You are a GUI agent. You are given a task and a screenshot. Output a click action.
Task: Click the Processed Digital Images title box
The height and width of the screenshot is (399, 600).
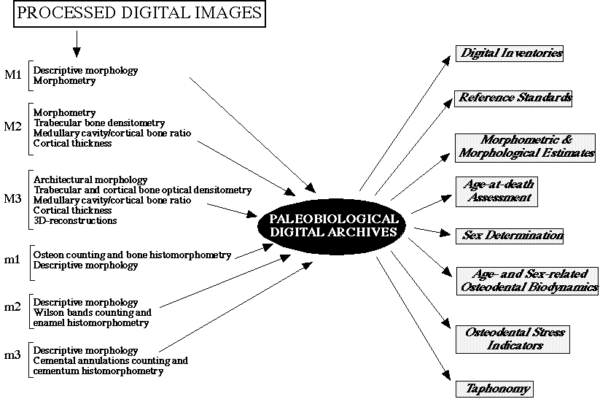[x=140, y=13]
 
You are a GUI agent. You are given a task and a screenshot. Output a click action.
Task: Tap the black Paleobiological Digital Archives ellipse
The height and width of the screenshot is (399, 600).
[x=332, y=225]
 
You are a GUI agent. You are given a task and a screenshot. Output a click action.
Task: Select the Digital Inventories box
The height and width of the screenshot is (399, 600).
[x=510, y=53]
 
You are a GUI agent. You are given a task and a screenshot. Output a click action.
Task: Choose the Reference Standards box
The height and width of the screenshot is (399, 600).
[x=513, y=98]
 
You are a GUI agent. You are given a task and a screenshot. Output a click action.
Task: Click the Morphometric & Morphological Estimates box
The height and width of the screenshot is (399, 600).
[x=525, y=148]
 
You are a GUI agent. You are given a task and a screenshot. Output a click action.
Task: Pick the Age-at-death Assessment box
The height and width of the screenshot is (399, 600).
[x=496, y=192]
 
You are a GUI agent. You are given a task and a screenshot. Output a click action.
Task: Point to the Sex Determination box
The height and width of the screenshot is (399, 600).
[x=510, y=236]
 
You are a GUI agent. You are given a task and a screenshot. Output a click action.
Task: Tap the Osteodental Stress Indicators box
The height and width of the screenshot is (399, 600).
[x=513, y=339]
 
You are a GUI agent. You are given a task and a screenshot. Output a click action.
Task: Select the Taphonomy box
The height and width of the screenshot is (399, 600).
[x=494, y=390]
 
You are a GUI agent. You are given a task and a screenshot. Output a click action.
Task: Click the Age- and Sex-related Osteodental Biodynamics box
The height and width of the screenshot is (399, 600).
[x=527, y=281]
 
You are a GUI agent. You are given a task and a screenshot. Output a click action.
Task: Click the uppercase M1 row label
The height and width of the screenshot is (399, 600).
[x=13, y=74]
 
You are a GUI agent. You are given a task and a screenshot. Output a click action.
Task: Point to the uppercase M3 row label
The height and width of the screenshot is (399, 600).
[x=12, y=198]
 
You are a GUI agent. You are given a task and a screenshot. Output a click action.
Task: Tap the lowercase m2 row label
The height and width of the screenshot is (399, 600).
[x=12, y=307]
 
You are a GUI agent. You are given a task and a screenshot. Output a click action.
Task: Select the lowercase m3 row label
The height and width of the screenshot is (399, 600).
[x=12, y=355]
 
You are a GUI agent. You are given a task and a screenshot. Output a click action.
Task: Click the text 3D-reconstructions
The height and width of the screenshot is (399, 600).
[x=75, y=220]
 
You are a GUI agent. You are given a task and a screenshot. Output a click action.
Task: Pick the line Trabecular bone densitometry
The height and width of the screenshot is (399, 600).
[x=99, y=123]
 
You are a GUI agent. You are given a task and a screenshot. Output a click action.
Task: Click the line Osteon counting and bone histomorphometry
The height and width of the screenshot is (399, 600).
[x=132, y=255]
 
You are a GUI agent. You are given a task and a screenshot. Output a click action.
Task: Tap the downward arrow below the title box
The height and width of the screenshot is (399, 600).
[x=77, y=44]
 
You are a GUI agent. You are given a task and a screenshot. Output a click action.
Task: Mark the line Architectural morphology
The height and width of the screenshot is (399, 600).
[x=90, y=180]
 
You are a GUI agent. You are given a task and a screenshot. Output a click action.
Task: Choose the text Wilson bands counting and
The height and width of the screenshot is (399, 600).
[x=92, y=312]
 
